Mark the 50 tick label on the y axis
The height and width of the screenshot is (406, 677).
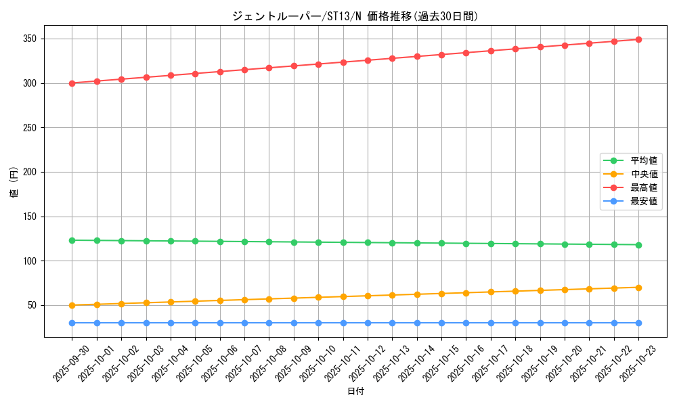[x=34, y=306]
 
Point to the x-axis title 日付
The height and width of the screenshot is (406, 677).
[x=355, y=392]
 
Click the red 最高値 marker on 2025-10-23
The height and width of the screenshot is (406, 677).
[x=638, y=39]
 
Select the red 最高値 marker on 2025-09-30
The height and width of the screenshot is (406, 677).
[x=72, y=83]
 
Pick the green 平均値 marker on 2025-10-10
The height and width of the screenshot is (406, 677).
[x=318, y=242]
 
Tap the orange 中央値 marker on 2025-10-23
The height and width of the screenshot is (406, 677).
[x=638, y=288]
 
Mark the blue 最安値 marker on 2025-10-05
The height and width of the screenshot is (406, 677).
[x=196, y=323]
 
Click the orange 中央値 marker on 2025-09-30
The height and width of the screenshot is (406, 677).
[x=72, y=305]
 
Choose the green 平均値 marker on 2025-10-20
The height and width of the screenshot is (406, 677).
[x=565, y=244]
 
